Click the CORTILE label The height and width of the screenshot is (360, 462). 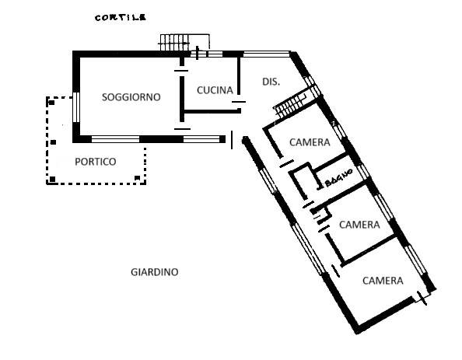click(121, 18)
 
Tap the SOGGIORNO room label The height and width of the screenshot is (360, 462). click(131, 97)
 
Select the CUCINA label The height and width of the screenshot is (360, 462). click(215, 90)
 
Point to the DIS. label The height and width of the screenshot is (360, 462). click(271, 82)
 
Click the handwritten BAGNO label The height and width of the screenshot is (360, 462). click(338, 178)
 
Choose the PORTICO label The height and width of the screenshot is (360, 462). click(96, 162)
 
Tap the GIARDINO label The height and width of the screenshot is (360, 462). click(155, 272)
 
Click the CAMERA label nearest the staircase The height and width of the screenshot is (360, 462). click(310, 142)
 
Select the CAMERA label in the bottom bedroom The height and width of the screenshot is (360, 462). click(383, 281)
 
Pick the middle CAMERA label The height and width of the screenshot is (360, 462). click(359, 225)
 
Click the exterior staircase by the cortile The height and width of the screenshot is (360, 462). click(174, 43)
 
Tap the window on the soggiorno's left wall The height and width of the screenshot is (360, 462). click(76, 107)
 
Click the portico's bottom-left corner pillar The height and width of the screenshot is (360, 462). click(52, 179)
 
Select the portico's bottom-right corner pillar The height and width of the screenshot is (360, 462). click(138, 177)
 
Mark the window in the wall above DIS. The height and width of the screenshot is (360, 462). click(267, 54)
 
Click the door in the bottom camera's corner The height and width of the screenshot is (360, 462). click(422, 298)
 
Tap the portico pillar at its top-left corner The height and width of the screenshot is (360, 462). click(51, 103)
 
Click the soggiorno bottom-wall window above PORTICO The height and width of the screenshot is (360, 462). click(115, 139)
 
